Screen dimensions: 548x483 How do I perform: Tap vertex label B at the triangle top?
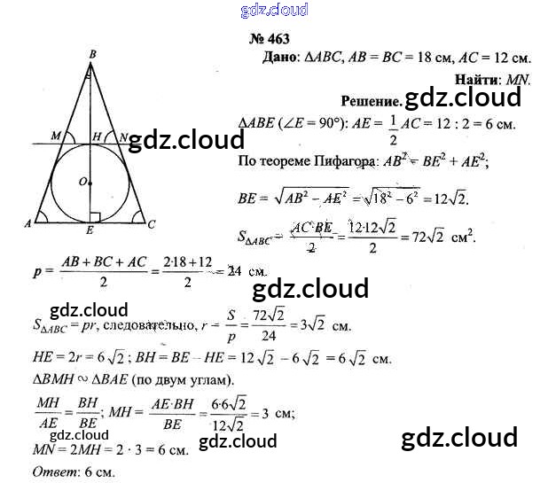92,54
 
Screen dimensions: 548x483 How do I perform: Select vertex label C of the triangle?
152,225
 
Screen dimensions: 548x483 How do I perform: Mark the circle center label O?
82,182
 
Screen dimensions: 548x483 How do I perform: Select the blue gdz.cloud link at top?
274,10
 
